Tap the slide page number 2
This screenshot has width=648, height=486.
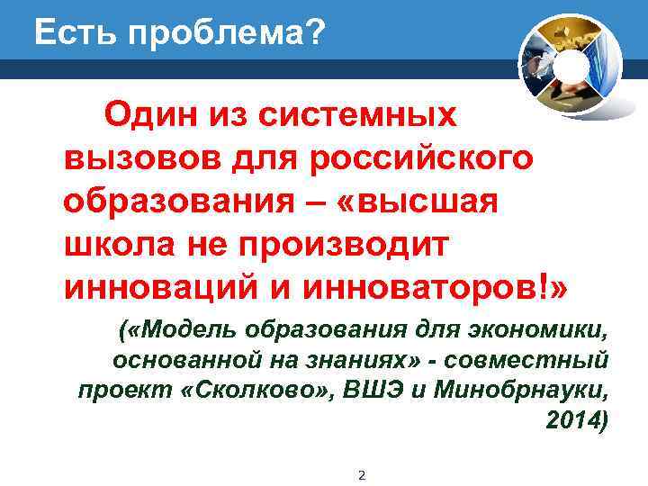click(x=361, y=474)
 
